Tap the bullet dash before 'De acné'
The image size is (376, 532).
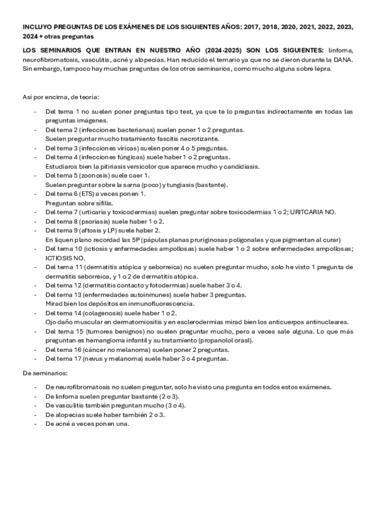click(x=36, y=424)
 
